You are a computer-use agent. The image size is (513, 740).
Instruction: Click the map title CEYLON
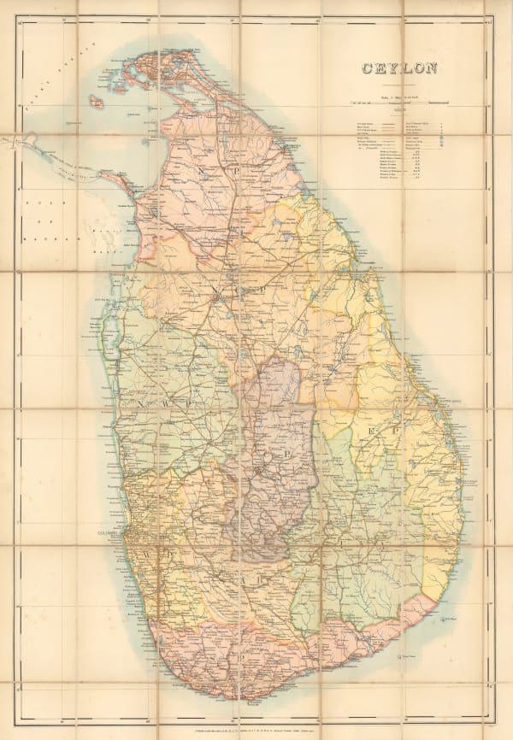pos(399,69)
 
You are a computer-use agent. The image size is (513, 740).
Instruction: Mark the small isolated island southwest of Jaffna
pos(97,101)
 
